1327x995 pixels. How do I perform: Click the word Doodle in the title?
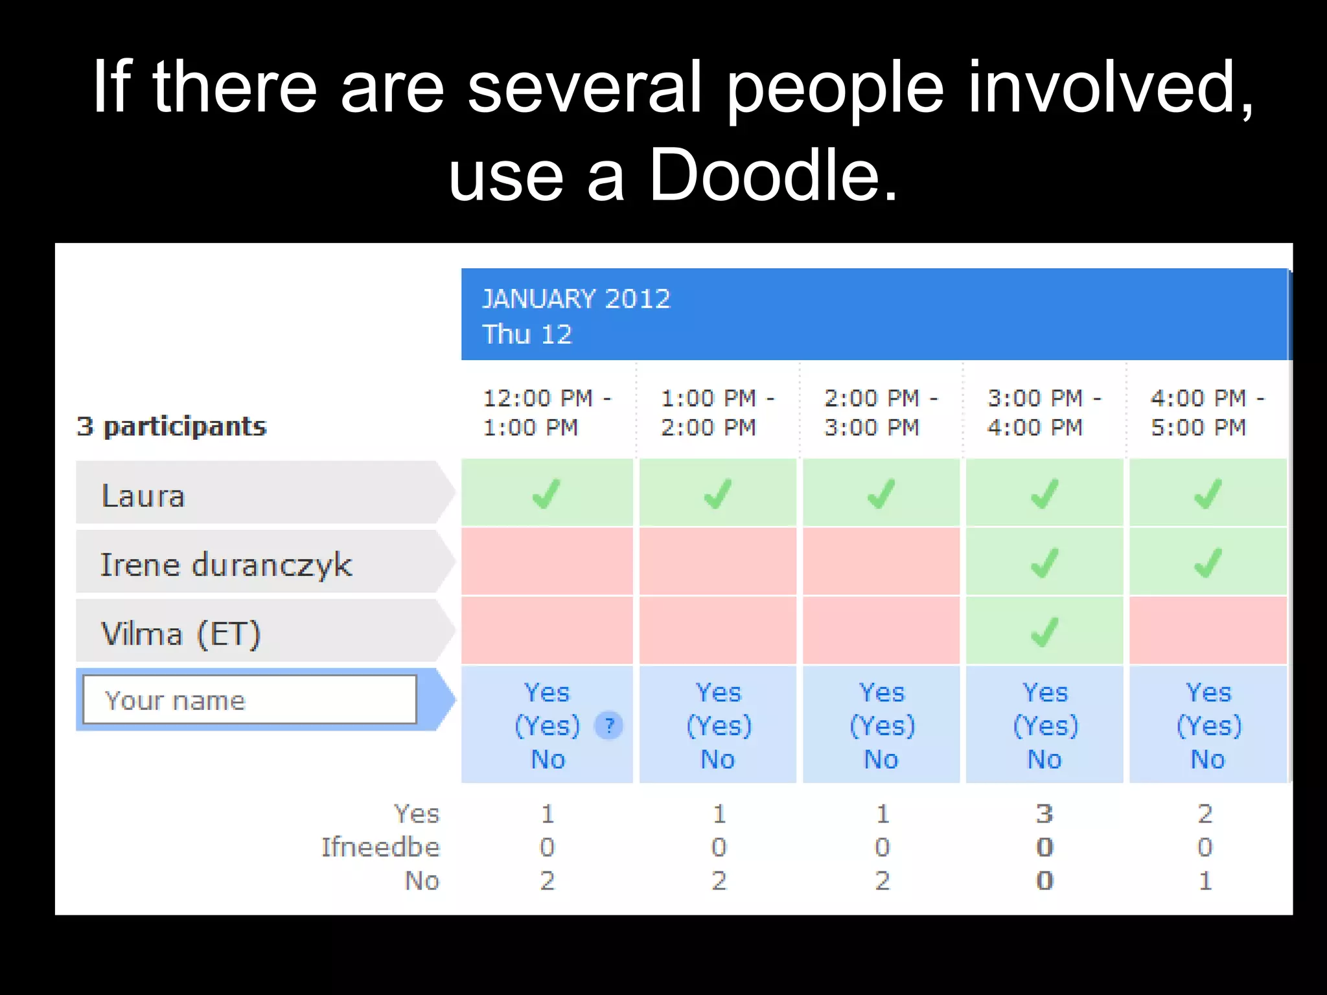click(773, 174)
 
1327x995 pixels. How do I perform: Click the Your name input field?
click(249, 700)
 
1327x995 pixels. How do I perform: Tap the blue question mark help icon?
click(608, 726)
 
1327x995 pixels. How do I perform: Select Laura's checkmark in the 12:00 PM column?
click(546, 494)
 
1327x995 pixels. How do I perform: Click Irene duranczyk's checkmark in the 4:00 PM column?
click(1208, 562)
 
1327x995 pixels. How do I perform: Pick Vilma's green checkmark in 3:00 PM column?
click(1044, 632)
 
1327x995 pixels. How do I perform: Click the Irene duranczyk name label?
click(226, 564)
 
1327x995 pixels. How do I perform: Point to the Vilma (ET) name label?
click(181, 633)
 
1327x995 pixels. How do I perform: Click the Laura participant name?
click(143, 496)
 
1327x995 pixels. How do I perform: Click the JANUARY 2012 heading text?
click(576, 299)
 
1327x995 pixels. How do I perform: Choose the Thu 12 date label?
click(527, 334)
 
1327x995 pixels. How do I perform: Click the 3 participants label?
click(172, 426)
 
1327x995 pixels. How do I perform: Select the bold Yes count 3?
click(1044, 814)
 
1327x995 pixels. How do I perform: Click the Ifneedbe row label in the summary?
click(380, 847)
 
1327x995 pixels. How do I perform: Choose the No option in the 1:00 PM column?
click(718, 759)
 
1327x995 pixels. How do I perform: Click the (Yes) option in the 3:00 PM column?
click(1044, 726)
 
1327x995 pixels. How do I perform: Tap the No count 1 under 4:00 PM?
click(1205, 881)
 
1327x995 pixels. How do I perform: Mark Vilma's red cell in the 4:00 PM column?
click(1208, 630)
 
